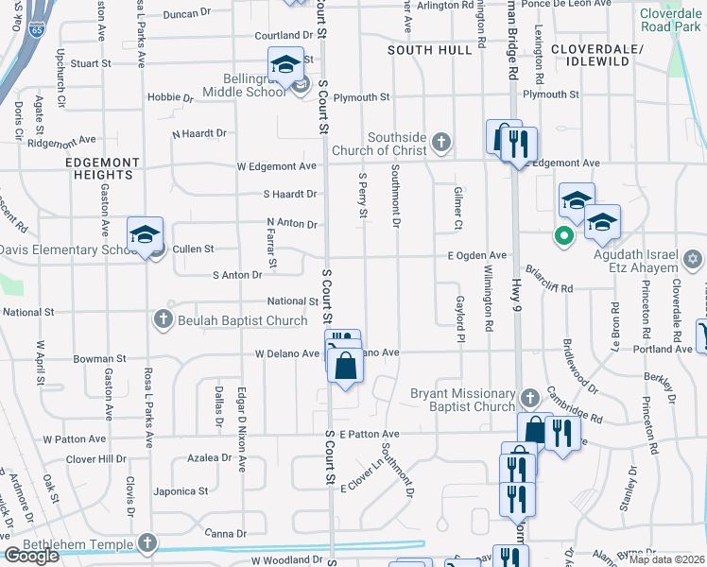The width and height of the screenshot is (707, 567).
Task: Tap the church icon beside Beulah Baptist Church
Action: pos(164,320)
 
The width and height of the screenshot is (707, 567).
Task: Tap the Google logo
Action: pos(31,556)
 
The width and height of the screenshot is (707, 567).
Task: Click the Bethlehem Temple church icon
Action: pos(146,542)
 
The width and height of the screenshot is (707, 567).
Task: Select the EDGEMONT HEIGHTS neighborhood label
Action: pos(99,168)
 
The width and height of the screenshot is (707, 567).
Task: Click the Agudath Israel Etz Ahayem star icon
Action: pos(692,258)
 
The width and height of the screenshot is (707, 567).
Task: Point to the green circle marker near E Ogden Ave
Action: pos(564,236)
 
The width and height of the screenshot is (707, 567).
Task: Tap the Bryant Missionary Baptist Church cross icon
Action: pos(529,396)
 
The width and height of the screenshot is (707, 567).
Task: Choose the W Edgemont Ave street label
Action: pos(277,166)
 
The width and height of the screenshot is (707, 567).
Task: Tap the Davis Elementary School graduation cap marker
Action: pos(146,234)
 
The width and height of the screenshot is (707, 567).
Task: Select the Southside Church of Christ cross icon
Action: pos(440,143)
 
